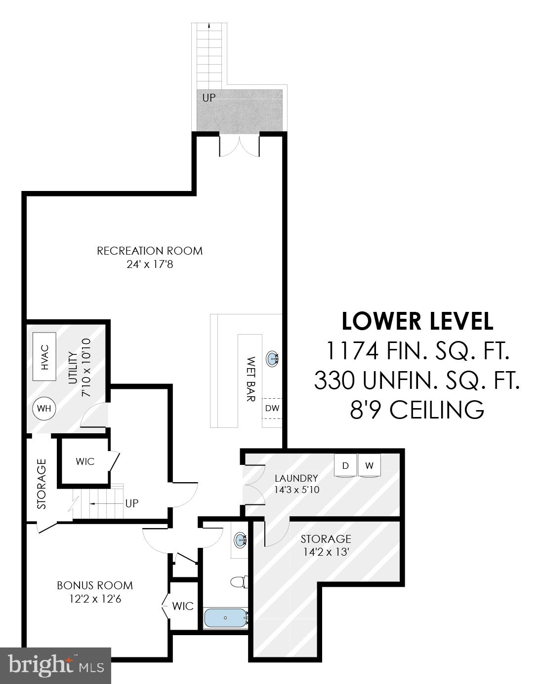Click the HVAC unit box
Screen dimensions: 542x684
[44, 357]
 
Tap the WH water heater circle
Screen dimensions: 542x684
[44, 409]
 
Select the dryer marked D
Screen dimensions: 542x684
[345, 465]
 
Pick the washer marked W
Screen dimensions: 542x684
[369, 465]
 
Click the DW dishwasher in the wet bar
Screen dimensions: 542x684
[272, 408]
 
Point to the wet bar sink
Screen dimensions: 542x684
[272, 359]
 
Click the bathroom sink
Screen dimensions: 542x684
[240, 539]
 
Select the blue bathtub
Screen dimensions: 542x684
[226, 618]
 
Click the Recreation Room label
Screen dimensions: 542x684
[150, 251]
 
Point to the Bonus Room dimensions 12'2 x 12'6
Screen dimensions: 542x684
[95, 599]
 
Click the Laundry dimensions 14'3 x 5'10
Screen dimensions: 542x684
[296, 490]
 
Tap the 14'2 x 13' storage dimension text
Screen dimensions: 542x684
[326, 552]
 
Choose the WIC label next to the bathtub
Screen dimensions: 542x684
[183, 606]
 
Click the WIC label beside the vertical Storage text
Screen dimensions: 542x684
[85, 461]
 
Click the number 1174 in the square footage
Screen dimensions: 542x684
[352, 351]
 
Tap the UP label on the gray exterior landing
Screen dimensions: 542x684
[209, 98]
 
